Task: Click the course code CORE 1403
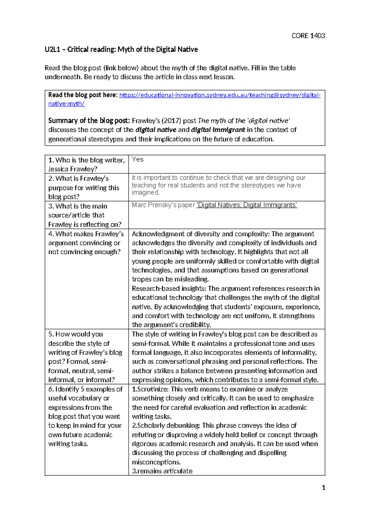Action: (308, 36)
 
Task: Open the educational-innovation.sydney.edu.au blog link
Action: (220, 95)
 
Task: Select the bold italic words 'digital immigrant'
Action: (218, 130)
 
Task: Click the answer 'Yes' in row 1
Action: (138, 159)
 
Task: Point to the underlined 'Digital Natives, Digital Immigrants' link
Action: (247, 205)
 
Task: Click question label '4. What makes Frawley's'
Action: (86, 234)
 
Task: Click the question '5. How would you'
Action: (76, 334)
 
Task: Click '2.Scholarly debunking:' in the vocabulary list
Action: (166, 426)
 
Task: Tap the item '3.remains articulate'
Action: (162, 471)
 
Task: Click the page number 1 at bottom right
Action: (323, 488)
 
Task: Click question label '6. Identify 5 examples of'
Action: (85, 389)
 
